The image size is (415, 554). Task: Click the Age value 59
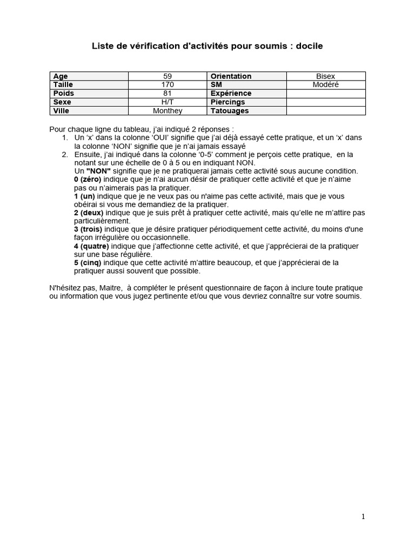pyautogui.click(x=168, y=76)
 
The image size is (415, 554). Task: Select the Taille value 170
pyautogui.click(x=168, y=85)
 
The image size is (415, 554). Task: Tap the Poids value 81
pyautogui.click(x=168, y=94)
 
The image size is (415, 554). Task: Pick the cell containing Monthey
pyautogui.click(x=168, y=111)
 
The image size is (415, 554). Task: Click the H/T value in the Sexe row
pyautogui.click(x=168, y=102)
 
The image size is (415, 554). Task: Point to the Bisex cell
pyautogui.click(x=326, y=76)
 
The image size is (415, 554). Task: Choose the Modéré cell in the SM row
pyautogui.click(x=326, y=85)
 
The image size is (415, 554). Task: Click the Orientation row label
pyautogui.click(x=231, y=76)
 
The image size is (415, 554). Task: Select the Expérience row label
pyautogui.click(x=231, y=94)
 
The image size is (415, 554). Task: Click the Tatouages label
pyautogui.click(x=230, y=111)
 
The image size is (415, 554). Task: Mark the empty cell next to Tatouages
pyautogui.click(x=326, y=111)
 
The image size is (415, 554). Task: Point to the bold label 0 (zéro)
pyautogui.click(x=87, y=179)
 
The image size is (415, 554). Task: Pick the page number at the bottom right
pyautogui.click(x=363, y=517)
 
